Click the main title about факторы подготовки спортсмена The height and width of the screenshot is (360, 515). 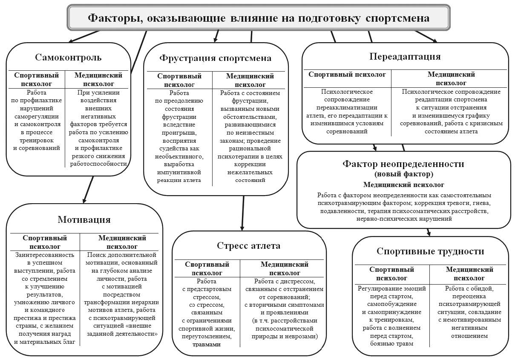point(258,18)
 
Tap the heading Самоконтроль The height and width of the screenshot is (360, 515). point(68,57)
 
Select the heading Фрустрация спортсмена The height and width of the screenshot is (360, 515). point(215,58)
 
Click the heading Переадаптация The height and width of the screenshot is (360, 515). point(405,56)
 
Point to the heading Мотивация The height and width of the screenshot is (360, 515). point(84,219)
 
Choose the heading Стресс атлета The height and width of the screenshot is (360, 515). point(249,245)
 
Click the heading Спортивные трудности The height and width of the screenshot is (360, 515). point(430,251)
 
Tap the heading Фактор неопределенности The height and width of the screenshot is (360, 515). point(403,164)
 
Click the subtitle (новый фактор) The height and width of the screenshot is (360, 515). point(403,174)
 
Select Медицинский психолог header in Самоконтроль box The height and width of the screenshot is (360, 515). point(98,79)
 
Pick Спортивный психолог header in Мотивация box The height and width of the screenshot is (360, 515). point(45,242)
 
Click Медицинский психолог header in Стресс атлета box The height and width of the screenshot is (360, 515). point(284,268)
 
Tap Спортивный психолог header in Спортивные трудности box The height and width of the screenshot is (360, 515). point(391,274)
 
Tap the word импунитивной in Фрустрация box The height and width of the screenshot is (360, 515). point(179,172)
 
